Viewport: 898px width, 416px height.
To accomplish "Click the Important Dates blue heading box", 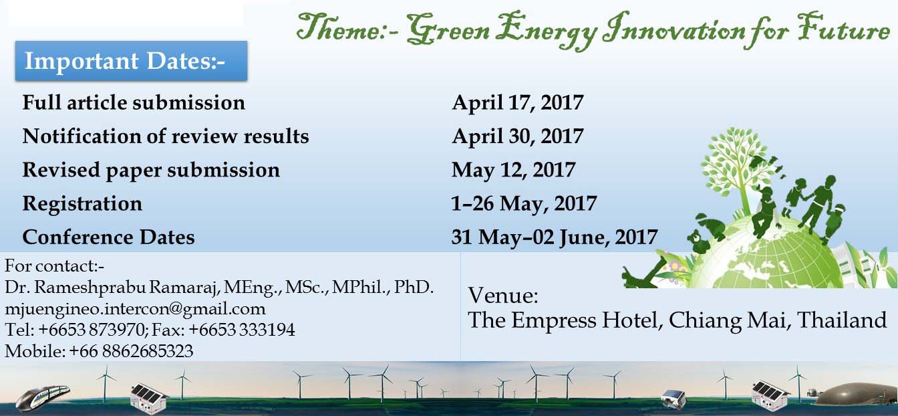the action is click(131, 61).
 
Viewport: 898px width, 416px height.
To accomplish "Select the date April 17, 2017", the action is click(518, 103).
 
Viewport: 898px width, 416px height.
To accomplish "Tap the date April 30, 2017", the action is click(518, 136).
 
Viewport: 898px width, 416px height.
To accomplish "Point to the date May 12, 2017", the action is click(514, 170).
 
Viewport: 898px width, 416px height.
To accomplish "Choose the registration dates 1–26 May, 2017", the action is click(524, 204).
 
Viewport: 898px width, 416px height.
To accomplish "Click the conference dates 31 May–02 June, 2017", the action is click(555, 237).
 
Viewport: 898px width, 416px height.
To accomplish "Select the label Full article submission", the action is click(134, 102).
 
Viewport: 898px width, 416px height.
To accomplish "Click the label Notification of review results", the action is click(166, 136).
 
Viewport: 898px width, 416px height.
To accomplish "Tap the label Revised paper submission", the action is click(151, 171).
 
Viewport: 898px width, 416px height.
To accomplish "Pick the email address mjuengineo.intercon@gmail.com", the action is click(135, 309).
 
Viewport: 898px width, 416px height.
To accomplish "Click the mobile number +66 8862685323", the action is click(131, 351).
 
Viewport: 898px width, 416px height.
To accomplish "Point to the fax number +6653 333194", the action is click(242, 330).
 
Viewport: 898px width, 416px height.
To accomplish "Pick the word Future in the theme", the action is click(843, 27).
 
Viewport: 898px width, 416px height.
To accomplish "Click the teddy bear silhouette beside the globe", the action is click(698, 241).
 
